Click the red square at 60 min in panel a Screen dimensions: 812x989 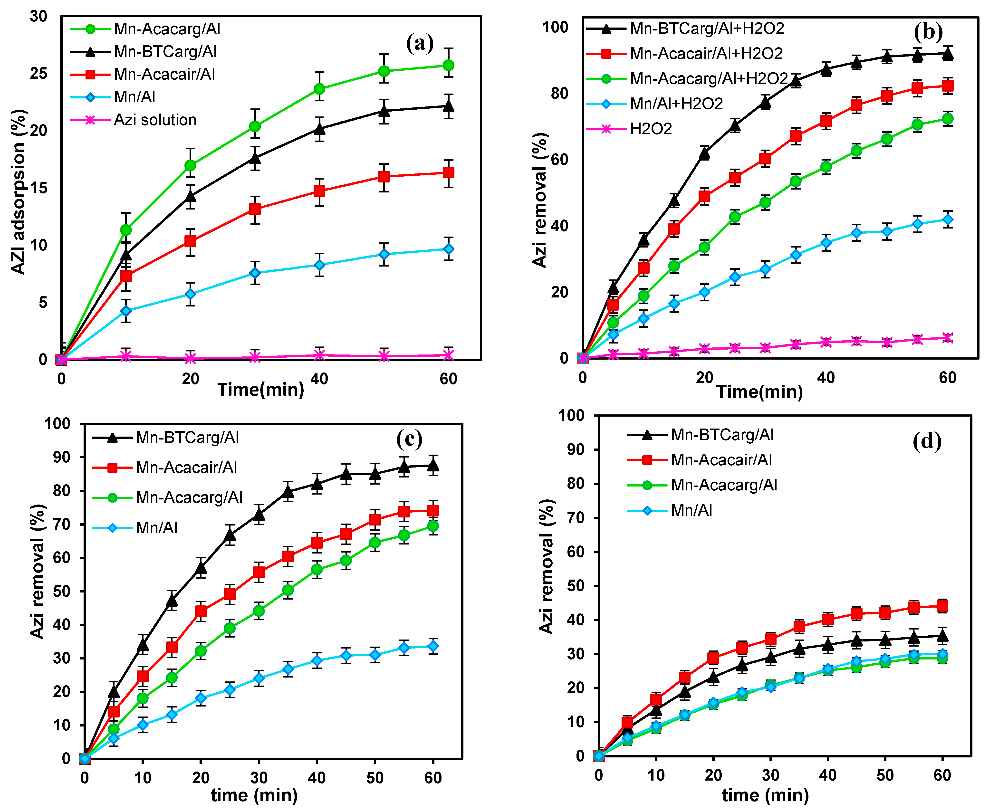tap(448, 172)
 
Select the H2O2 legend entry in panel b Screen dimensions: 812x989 tap(650, 129)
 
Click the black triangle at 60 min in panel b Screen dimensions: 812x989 tap(947, 54)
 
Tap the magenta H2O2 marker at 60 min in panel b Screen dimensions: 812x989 tap(947, 338)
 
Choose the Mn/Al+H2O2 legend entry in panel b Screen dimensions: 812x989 tap(676, 103)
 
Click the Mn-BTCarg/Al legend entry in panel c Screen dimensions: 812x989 tap(187, 438)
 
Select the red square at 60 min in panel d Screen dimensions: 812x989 tap(942, 606)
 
